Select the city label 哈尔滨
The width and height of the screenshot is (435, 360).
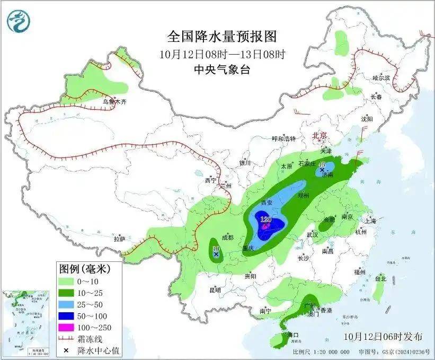(x=380, y=77)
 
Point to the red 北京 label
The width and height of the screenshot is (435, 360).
(x=320, y=135)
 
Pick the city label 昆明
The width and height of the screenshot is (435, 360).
(x=215, y=290)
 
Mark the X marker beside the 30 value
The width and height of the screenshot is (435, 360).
(x=216, y=255)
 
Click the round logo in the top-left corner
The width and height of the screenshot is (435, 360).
(x=19, y=20)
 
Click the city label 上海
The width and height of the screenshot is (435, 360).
(x=370, y=220)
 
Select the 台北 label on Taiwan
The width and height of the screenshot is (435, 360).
(x=380, y=278)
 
